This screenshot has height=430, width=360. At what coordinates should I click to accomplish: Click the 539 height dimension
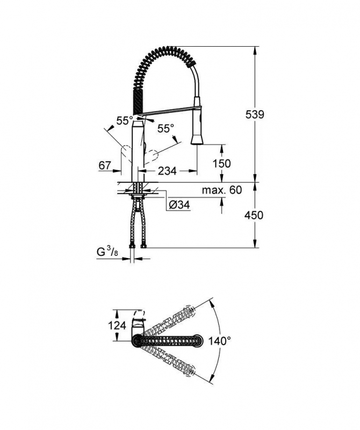click(255, 114)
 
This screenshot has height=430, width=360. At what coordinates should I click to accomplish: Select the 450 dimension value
click(254, 216)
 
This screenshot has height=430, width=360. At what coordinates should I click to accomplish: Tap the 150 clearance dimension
click(221, 163)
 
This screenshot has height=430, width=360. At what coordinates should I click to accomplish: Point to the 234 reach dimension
click(167, 171)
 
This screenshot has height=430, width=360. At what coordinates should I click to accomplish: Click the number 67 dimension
click(105, 166)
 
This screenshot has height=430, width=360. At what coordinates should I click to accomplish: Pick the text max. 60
click(222, 190)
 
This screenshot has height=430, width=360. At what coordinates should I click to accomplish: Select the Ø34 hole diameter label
click(179, 205)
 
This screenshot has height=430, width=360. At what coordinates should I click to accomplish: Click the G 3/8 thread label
click(107, 252)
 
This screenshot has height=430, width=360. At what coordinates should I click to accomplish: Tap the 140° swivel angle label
click(220, 341)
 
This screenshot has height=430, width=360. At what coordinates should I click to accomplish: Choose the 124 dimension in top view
click(117, 326)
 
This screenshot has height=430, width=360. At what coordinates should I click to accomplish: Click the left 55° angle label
click(125, 120)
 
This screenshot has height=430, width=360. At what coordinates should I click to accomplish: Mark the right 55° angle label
click(165, 128)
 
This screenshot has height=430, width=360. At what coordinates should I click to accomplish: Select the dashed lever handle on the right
click(152, 157)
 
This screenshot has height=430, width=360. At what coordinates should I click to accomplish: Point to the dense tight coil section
click(137, 101)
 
